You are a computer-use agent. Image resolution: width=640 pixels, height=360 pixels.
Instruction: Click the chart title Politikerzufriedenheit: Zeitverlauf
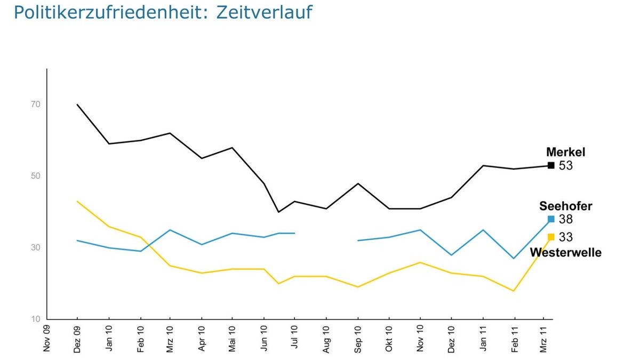[x=163, y=12]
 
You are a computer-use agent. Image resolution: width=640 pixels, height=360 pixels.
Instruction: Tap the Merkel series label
[x=565, y=153]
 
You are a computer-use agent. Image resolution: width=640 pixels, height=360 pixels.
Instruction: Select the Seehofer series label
[x=565, y=206]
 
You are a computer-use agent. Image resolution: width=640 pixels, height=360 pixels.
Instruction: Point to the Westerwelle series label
[x=565, y=252]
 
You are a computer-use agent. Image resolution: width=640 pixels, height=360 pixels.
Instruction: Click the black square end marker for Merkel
[x=551, y=165]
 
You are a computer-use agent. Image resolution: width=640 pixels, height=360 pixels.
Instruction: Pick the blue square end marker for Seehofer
[x=551, y=219]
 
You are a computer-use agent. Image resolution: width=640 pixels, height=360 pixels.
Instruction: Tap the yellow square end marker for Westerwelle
[x=551, y=237]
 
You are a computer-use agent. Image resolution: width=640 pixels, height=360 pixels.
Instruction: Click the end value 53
[x=565, y=166]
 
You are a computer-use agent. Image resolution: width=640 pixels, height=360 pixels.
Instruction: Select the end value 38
[x=565, y=219]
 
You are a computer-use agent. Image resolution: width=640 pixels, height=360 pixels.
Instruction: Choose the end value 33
[x=565, y=237]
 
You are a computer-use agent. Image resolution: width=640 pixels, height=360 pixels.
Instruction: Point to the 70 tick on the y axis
[x=36, y=105]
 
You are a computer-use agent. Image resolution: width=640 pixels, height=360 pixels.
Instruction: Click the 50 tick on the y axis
[x=36, y=176]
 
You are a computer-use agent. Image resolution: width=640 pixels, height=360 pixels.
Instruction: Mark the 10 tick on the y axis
[x=36, y=319]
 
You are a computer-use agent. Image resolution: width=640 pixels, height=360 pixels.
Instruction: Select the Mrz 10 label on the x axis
[x=170, y=339]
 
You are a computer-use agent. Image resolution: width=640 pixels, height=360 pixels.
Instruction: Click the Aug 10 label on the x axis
[x=326, y=339]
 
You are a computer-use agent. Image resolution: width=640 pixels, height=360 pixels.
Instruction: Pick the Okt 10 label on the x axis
[x=388, y=339]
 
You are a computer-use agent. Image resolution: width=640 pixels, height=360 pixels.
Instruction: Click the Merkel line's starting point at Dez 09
[x=77, y=105]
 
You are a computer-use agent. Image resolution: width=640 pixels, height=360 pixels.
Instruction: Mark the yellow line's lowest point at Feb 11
[x=514, y=291]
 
